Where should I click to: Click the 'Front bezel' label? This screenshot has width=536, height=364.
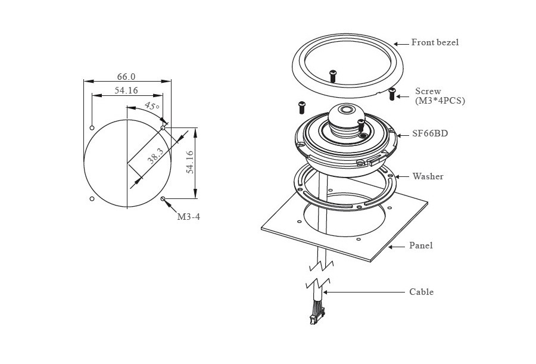tap(435, 43)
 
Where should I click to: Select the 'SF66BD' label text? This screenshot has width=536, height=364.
tap(429, 134)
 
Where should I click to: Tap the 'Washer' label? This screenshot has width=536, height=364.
tap(428, 176)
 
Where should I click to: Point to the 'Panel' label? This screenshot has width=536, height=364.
tap(420, 245)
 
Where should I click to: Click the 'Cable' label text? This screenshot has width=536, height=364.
tap(421, 292)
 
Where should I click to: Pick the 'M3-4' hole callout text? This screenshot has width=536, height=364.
tap(188, 217)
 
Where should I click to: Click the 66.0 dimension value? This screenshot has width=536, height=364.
tap(126, 76)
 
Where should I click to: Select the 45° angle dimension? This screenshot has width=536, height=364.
tap(151, 107)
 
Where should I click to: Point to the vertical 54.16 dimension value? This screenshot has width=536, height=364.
tap(190, 162)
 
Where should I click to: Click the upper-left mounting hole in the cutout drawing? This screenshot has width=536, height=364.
tap(92, 127)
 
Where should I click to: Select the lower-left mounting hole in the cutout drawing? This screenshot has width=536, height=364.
tap(92, 198)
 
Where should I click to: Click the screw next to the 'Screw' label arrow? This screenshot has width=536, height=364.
tap(392, 93)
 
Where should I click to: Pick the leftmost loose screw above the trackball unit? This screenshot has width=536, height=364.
tap(302, 107)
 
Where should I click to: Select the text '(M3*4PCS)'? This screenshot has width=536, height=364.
tap(440, 101)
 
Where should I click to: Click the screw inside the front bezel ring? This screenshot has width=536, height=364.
tap(333, 75)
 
